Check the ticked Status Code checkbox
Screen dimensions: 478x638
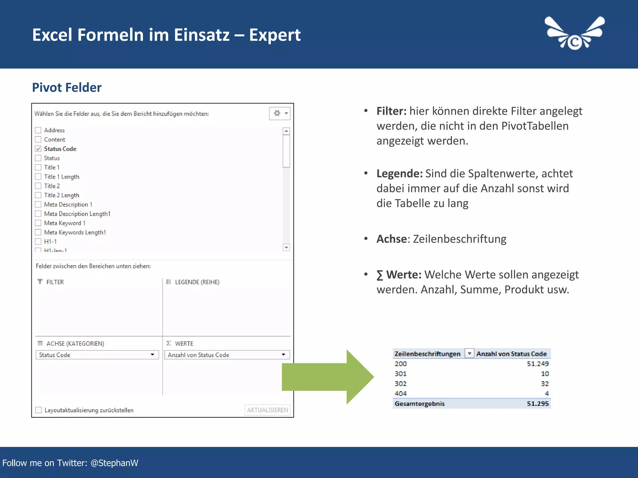click(x=38, y=149)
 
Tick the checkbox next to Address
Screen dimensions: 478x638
click(x=38, y=130)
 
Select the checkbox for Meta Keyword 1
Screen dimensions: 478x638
click(x=38, y=223)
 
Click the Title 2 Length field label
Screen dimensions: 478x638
click(x=62, y=195)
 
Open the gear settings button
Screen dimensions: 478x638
click(x=279, y=113)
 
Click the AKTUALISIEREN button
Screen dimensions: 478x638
click(x=267, y=410)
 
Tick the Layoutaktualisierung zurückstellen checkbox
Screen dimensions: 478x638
click(x=39, y=410)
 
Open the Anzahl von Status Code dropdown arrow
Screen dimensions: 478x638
click(x=283, y=355)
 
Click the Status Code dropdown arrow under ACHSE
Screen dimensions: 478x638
click(x=153, y=355)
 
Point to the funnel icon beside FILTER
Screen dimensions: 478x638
click(x=40, y=282)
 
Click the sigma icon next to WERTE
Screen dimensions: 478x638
click(x=169, y=343)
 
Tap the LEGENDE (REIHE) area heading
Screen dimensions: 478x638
click(x=197, y=282)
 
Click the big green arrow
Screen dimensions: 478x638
click(x=327, y=377)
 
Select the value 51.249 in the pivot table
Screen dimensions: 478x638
click(x=538, y=363)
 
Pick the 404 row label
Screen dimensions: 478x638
click(x=401, y=393)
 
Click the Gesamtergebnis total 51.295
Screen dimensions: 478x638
click(x=538, y=404)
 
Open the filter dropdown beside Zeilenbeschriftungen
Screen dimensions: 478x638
click(x=469, y=354)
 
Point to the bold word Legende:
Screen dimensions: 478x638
click(x=399, y=174)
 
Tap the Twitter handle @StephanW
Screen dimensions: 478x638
click(x=114, y=463)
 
